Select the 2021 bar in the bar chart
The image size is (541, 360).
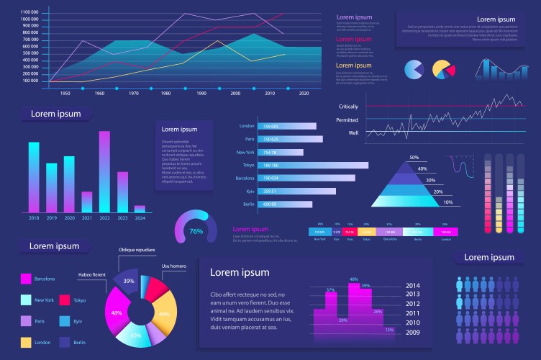click(87, 202)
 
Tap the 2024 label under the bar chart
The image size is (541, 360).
click(140, 217)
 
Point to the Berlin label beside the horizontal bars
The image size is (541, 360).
click(249, 204)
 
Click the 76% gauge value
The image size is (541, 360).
click(196, 232)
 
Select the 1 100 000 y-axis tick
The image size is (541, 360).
click(30, 13)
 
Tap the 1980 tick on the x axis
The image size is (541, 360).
click(165, 94)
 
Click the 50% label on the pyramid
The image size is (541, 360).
click(414, 158)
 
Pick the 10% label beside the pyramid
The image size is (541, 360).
click(447, 202)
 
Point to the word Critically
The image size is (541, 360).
click(348, 107)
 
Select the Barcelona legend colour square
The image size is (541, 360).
click(26, 278)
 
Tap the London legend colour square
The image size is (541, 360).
click(26, 342)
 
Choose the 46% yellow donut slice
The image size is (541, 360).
click(164, 315)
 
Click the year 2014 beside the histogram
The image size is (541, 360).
click(413, 285)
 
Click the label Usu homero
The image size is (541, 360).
click(174, 266)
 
